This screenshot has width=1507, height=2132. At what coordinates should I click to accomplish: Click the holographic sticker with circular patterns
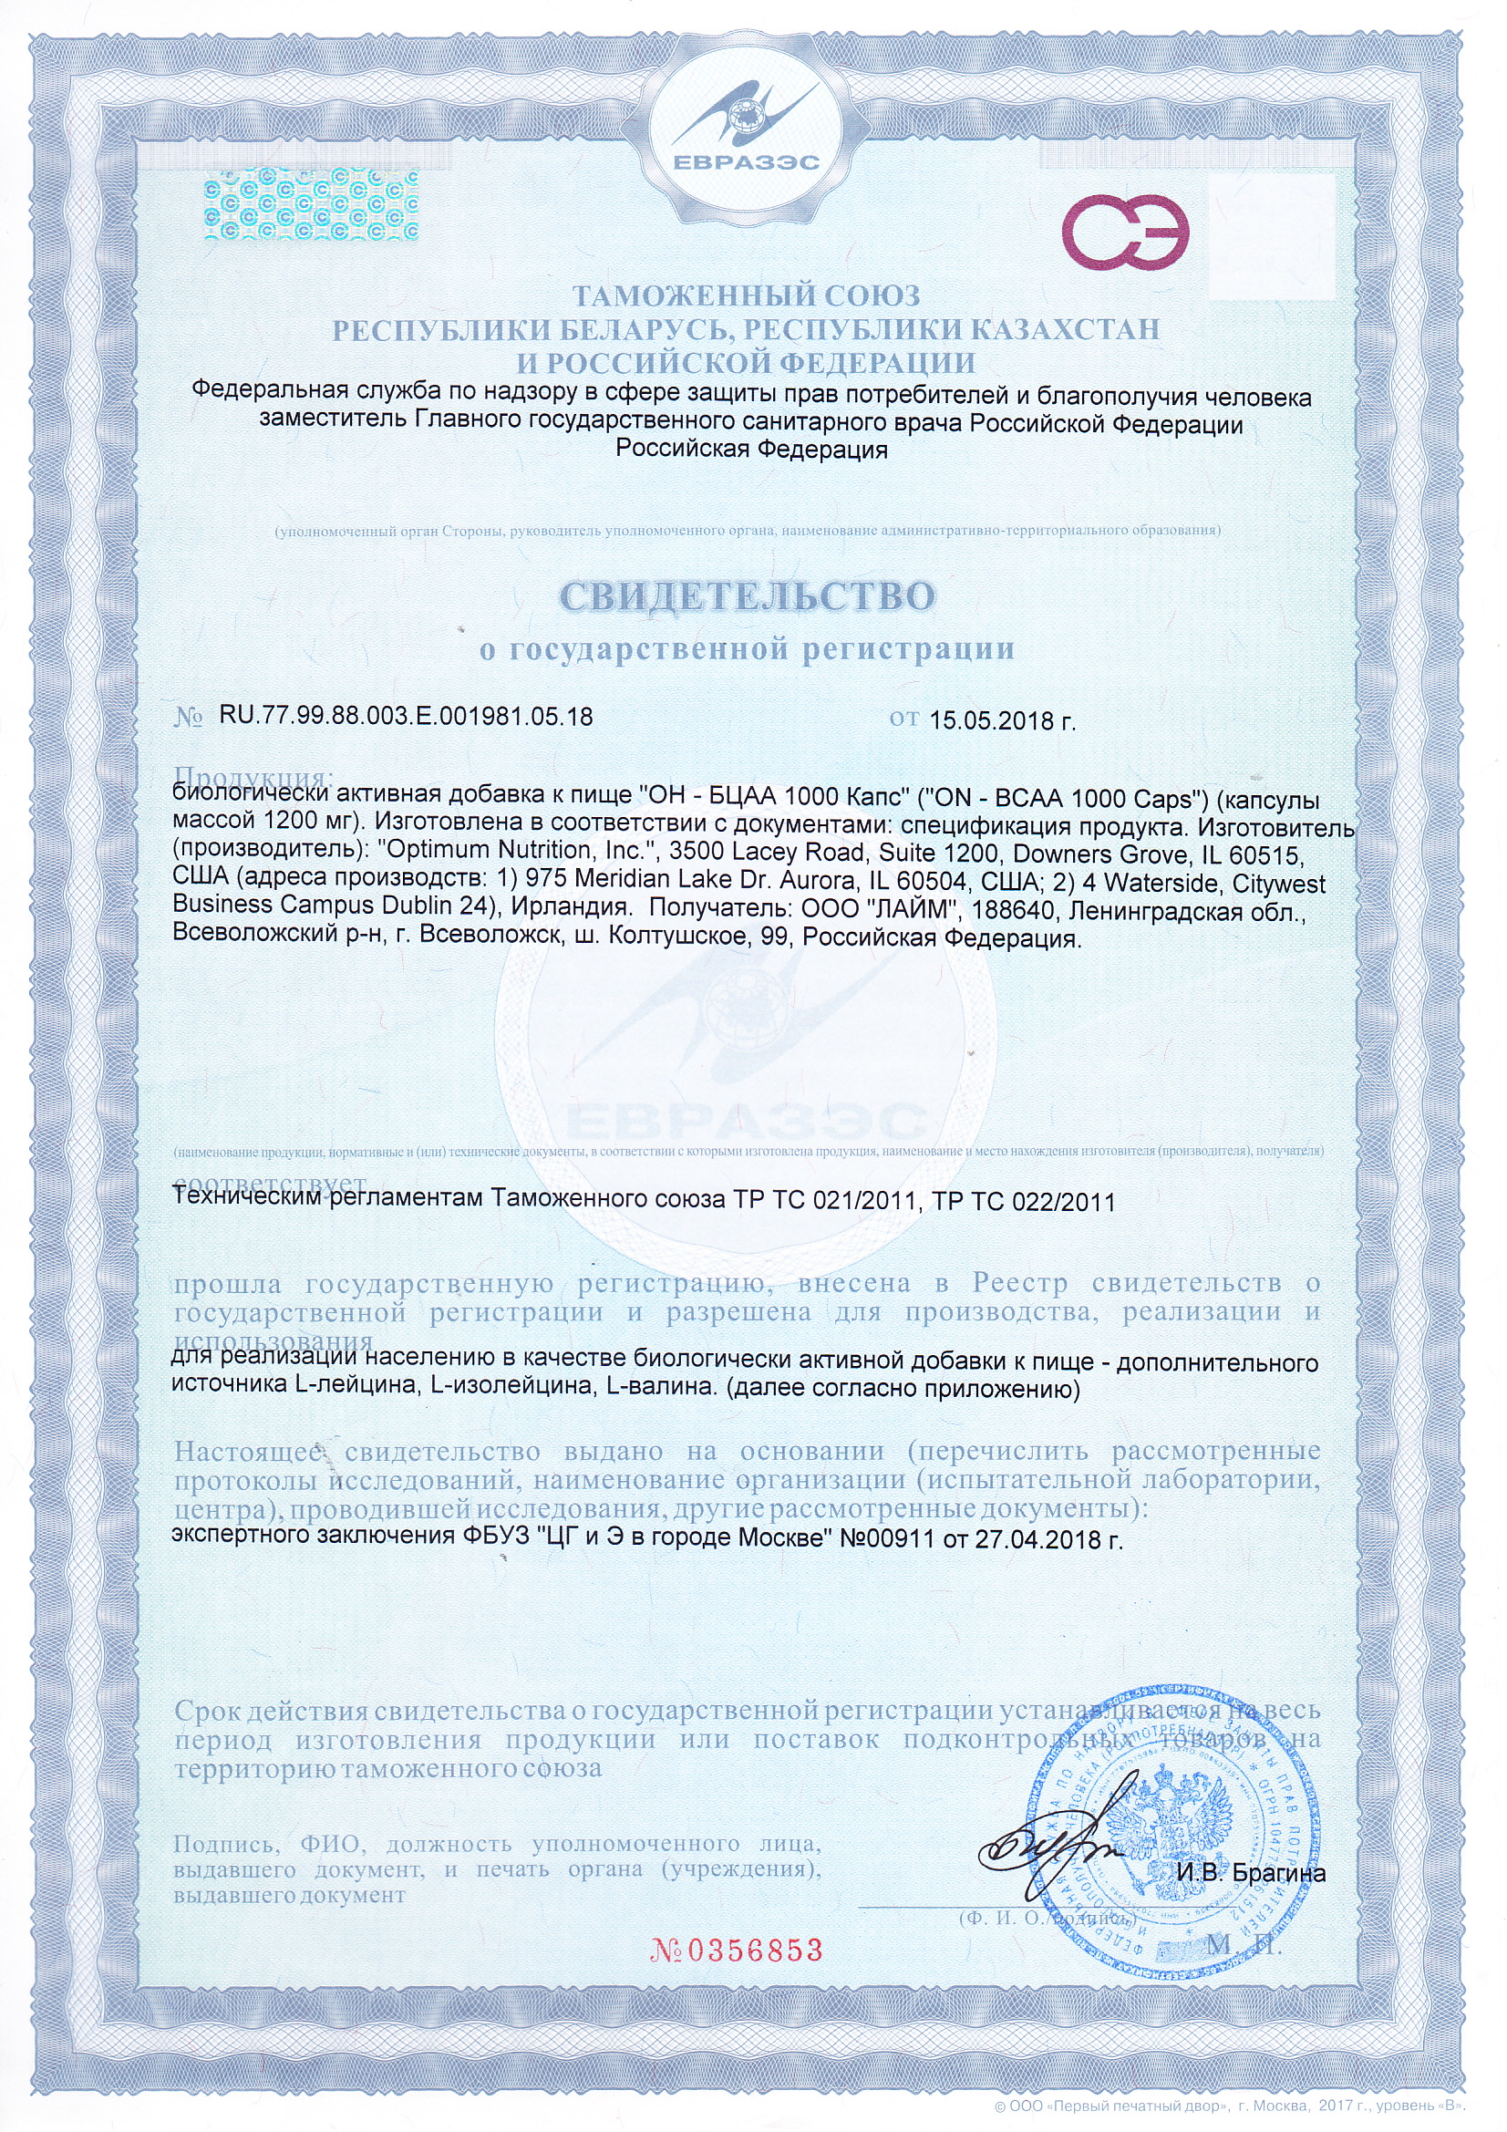pyautogui.click(x=310, y=204)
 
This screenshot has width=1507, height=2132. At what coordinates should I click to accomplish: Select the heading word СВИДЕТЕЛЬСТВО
pyautogui.click(x=747, y=596)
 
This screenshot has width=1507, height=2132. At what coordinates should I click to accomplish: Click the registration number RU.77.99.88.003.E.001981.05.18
pyautogui.click(x=406, y=717)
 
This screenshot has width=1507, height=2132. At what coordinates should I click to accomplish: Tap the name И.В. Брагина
pyautogui.click(x=1250, y=1872)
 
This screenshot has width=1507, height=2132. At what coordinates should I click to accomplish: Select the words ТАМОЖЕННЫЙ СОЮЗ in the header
pyautogui.click(x=746, y=297)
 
